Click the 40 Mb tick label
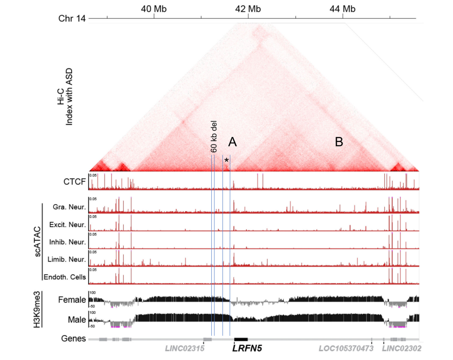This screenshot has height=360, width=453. (x=154, y=9)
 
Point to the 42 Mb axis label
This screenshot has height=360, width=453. (x=248, y=9)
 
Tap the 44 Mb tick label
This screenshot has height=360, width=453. (x=343, y=9)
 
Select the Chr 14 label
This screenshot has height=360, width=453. (x=72, y=19)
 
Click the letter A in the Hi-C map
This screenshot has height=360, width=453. (x=232, y=142)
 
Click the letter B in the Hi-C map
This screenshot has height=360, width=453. (x=339, y=142)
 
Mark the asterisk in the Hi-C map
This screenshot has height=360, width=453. (x=226, y=160)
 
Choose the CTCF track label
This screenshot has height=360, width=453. (x=75, y=182)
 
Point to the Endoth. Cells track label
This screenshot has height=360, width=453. (x=65, y=277)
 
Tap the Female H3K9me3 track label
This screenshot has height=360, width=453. (x=72, y=300)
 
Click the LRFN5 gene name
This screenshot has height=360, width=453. (x=247, y=349)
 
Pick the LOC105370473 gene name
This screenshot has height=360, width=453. (x=346, y=349)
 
